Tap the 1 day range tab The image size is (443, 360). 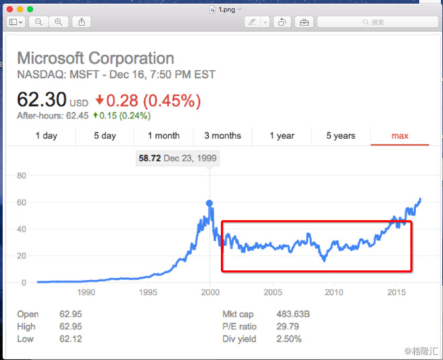[x=46, y=136]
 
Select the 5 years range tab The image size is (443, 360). [x=340, y=136]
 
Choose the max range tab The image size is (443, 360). [x=400, y=136]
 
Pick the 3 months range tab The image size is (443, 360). [x=222, y=136]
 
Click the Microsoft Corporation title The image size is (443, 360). [x=95, y=58]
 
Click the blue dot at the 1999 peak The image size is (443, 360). [x=210, y=203]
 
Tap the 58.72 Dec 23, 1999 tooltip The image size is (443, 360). [x=177, y=159]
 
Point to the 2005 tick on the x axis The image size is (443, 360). [x=273, y=292]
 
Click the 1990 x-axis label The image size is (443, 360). [x=86, y=292]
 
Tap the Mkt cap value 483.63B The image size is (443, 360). [x=295, y=314]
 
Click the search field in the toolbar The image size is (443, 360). [x=377, y=22]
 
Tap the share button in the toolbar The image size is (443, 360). [x=81, y=22]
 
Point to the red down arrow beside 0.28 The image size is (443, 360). [x=100, y=101]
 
